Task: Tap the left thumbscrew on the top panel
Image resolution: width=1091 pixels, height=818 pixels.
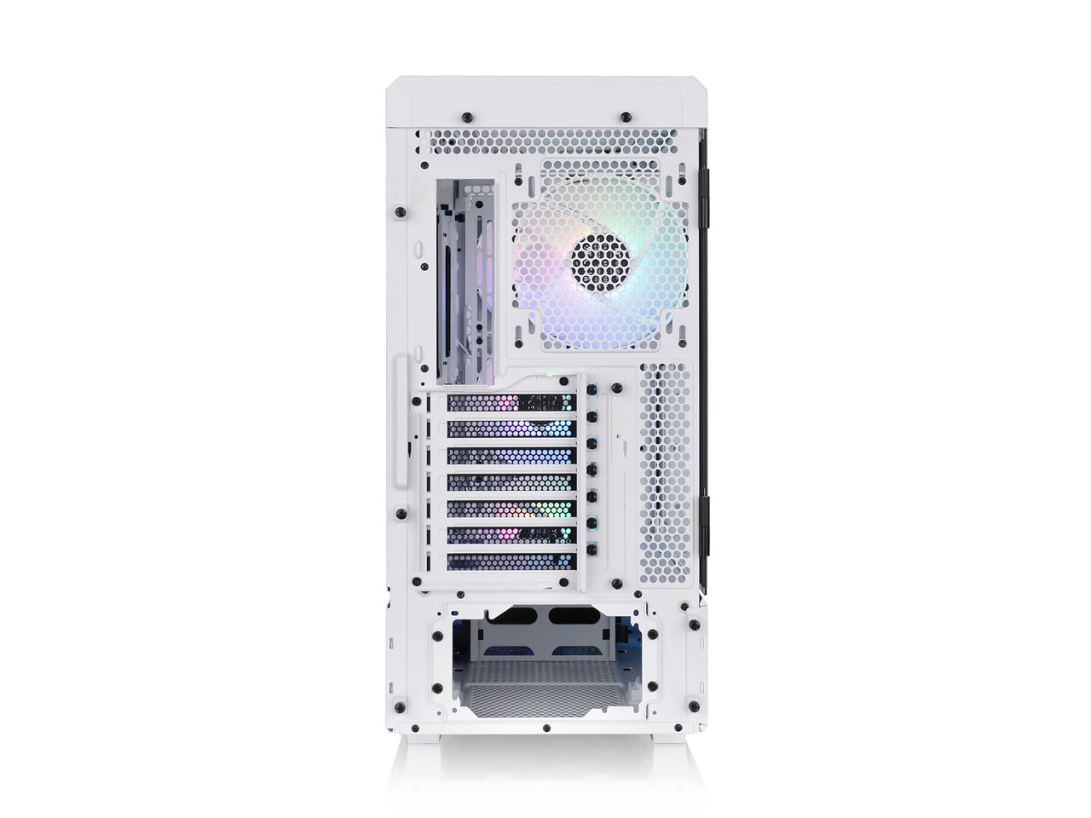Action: pyautogui.click(x=465, y=117)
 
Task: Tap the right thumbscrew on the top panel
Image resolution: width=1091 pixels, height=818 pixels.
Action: pyautogui.click(x=626, y=117)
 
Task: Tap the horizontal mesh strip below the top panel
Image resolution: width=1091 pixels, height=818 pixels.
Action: pyautogui.click(x=554, y=141)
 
